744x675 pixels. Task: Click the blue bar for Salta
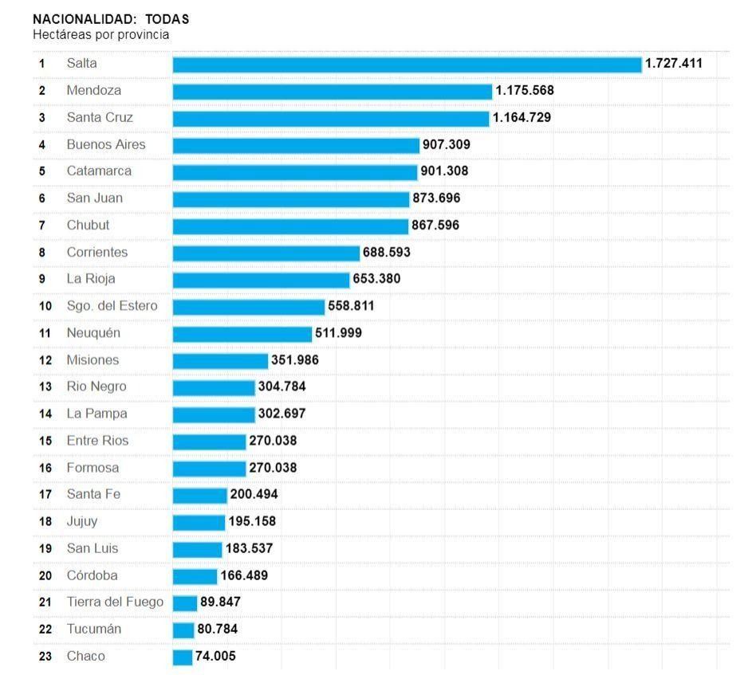click(407, 64)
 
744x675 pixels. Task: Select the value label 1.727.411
click(674, 63)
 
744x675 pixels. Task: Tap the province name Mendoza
click(94, 91)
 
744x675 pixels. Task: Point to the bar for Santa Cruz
click(331, 118)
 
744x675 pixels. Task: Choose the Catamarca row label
click(99, 171)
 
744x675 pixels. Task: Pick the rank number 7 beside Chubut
click(42, 226)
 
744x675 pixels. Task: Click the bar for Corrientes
click(266, 253)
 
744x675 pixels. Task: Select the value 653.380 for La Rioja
click(376, 279)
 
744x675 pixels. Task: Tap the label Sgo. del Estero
click(112, 306)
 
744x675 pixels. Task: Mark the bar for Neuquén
click(242, 333)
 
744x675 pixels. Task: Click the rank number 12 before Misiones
click(45, 360)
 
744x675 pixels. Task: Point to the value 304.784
click(281, 387)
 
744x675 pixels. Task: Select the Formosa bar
click(209, 468)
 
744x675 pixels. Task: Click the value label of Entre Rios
click(273, 441)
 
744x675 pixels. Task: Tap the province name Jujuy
click(82, 521)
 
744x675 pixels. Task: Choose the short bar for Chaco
click(183, 657)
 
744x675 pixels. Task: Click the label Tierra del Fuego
click(115, 602)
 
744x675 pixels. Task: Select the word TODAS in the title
click(167, 19)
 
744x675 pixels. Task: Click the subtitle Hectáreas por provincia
click(100, 35)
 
